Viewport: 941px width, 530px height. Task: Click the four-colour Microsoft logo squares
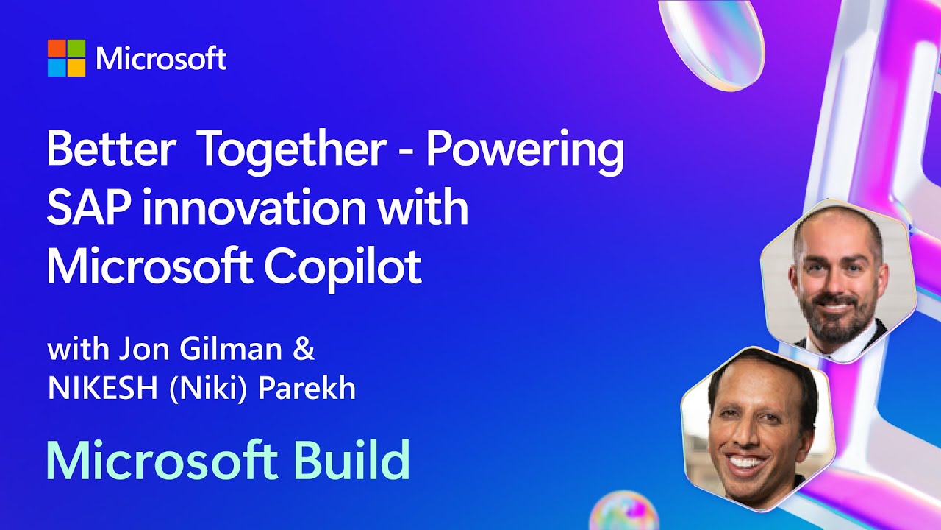tap(66, 58)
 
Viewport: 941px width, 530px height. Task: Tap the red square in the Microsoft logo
tap(57, 49)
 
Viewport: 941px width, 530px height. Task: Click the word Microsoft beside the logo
tap(161, 59)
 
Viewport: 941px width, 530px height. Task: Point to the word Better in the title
tap(111, 149)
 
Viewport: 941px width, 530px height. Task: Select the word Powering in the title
tap(525, 152)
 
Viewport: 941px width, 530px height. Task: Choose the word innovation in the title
tap(254, 207)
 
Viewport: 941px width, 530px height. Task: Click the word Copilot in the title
tap(343, 267)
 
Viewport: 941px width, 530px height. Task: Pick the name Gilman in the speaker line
tap(230, 349)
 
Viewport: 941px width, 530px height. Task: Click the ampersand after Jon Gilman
tap(304, 349)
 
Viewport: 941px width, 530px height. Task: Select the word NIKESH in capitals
tap(103, 388)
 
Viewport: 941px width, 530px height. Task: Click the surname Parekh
tap(307, 387)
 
